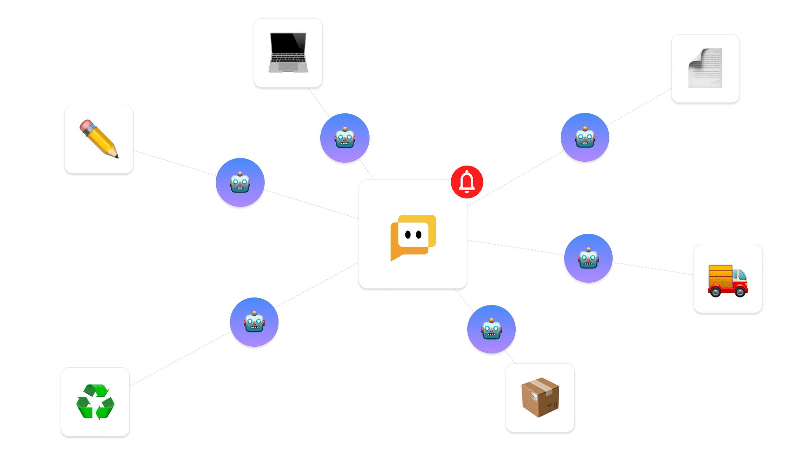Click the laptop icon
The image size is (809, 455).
point(288,53)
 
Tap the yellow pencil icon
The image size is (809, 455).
point(99,139)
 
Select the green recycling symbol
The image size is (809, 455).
point(95,402)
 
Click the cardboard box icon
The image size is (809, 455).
point(540,397)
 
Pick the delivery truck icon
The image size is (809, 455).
point(728,281)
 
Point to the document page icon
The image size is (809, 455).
point(705,68)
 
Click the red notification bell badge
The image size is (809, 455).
point(467,182)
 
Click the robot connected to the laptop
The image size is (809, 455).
point(345,138)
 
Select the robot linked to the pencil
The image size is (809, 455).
point(240,183)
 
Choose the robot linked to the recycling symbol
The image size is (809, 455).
point(254,322)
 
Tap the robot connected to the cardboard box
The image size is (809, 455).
point(491,329)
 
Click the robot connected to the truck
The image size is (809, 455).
point(588,258)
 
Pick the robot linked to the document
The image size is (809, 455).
point(585,137)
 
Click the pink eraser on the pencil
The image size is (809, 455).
point(86,126)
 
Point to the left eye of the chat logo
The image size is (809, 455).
point(408,235)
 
